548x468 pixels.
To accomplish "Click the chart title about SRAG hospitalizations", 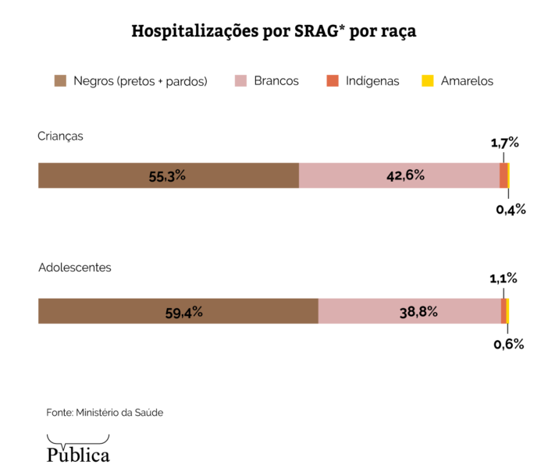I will tap(274, 32).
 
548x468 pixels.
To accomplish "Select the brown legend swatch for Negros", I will tap(60, 80).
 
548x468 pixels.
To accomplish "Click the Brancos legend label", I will tap(276, 80).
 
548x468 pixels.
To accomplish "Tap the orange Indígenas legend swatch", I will tap(332, 80).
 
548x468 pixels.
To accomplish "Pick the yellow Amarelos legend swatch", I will tap(427, 80).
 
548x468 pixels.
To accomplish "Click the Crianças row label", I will tap(60, 136).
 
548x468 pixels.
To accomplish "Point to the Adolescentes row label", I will tap(75, 267).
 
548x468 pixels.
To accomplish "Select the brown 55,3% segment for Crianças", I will tap(168, 175).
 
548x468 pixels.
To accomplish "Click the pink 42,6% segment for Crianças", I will tap(399, 175).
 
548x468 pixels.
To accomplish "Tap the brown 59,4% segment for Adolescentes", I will tap(178, 310).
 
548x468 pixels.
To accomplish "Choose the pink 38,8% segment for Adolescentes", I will tap(409, 310).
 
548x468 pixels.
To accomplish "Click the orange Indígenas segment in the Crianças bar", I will tap(504, 175).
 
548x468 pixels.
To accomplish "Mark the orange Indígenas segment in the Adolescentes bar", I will tap(504, 310).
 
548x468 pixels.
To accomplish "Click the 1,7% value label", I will tap(504, 143).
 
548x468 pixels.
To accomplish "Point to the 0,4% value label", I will tap(511, 209).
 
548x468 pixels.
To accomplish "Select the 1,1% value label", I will tap(504, 278).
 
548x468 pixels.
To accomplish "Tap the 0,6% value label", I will tap(509, 343).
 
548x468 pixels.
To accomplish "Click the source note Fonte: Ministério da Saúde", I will tap(105, 412).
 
